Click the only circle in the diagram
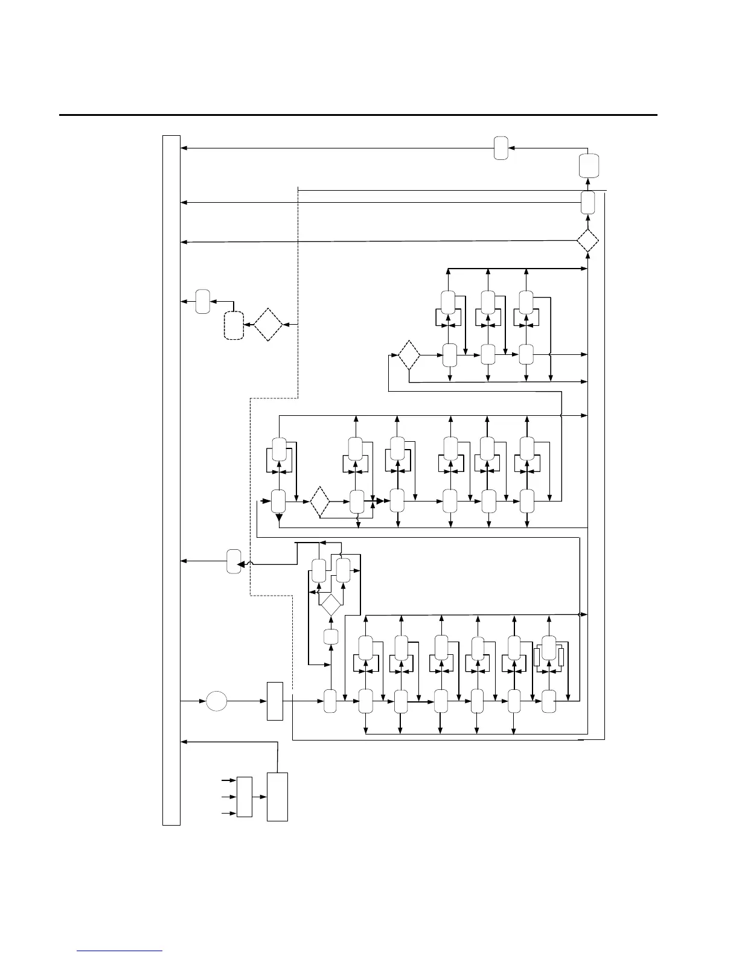[x=217, y=701]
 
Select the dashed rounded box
[x=234, y=325]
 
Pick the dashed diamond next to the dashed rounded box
[x=268, y=325]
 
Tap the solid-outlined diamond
[x=331, y=604]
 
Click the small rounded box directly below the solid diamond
[x=330, y=636]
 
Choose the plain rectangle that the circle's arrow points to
[x=275, y=701]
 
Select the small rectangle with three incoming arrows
[x=245, y=797]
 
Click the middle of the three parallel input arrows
[x=229, y=797]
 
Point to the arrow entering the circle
[x=193, y=701]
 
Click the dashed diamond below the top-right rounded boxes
[x=587, y=241]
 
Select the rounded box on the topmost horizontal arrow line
[x=501, y=148]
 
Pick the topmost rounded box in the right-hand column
[x=589, y=165]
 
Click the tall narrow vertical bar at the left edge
[x=171, y=480]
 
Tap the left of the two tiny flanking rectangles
[x=537, y=657]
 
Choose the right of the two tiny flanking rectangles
[x=561, y=657]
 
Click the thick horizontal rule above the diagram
[x=357, y=115]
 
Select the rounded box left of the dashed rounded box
[x=203, y=301]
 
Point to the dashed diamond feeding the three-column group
[x=409, y=355]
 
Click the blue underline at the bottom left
[x=120, y=951]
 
